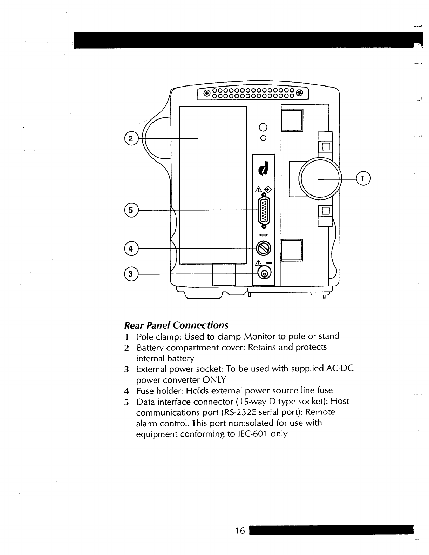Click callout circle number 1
[363, 178]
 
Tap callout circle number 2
[131, 138]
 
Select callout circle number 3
[131, 274]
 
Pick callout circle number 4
[131, 248]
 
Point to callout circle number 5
[131, 210]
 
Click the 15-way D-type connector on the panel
[264, 211]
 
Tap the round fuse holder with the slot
[264, 248]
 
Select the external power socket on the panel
[265, 274]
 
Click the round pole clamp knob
[320, 179]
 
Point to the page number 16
[240, 531]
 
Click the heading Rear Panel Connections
[176, 325]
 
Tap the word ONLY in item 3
[214, 380]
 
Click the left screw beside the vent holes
[207, 93]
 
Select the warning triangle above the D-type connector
[259, 189]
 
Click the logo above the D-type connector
[264, 169]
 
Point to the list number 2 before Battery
[127, 348]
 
